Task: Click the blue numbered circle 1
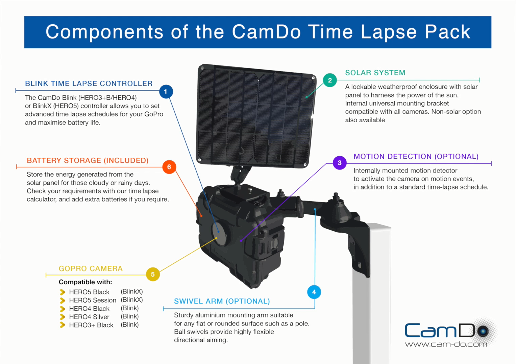pos(166,92)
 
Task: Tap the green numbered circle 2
pos(330,80)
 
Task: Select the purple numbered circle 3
pos(340,163)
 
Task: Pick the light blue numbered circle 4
pos(314,292)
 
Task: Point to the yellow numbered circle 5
pos(153,274)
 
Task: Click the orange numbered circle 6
pos(169,167)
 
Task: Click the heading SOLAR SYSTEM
pos(375,73)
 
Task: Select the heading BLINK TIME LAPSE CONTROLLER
pos(89,83)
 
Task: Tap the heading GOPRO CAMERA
pos(91,268)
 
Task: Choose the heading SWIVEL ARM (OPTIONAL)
pos(222,301)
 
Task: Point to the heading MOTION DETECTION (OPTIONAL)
pos(416,157)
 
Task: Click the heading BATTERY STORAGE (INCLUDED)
pos(88,160)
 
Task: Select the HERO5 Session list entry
pos(93,300)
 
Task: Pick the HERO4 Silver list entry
pos(89,317)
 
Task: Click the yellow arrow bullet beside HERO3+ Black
pos(63,325)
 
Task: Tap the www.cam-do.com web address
pos(446,344)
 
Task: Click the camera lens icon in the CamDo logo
pos(483,331)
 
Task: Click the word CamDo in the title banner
pos(266,32)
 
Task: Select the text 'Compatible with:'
pos(85,282)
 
